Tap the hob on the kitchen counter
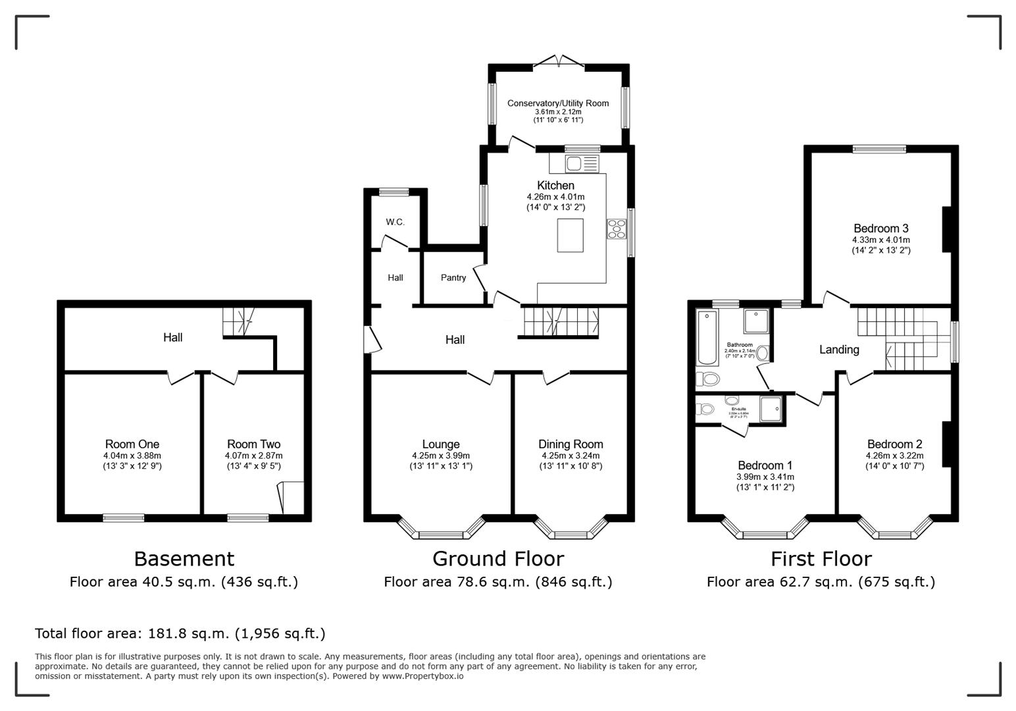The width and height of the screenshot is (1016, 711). point(617,228)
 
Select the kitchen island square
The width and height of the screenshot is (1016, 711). point(570,235)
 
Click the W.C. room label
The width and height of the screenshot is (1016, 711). point(395,222)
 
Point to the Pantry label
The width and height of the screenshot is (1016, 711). point(453,278)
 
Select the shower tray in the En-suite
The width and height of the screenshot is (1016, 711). point(772,408)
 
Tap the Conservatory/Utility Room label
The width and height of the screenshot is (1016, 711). point(558,103)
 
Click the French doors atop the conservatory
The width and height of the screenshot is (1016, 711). point(559,61)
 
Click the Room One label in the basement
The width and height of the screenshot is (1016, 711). point(132,444)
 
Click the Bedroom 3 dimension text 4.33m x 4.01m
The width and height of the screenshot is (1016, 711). point(881,240)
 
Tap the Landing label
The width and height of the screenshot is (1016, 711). point(839,350)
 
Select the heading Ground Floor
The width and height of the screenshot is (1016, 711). point(498,559)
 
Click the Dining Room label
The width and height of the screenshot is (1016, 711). point(571,444)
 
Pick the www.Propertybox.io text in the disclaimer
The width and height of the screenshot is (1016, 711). point(422,676)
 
